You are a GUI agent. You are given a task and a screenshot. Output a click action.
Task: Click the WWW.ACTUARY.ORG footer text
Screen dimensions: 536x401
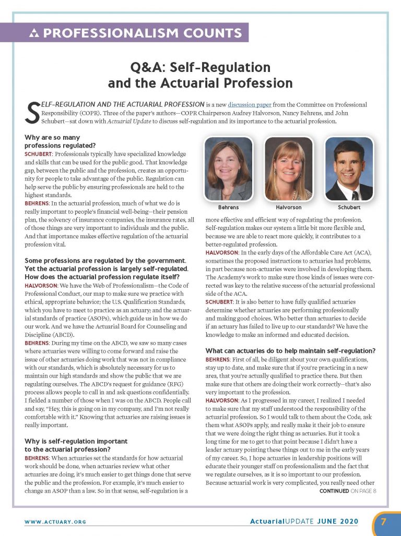tap(55, 521)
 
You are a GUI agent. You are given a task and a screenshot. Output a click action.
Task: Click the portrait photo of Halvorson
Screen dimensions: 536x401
tap(288, 168)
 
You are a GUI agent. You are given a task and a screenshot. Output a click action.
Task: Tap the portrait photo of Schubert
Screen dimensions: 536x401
tap(349, 168)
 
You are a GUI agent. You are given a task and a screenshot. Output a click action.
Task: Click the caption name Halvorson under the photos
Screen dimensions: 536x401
tap(288, 207)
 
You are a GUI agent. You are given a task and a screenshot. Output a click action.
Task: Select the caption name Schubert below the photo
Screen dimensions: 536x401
tap(349, 207)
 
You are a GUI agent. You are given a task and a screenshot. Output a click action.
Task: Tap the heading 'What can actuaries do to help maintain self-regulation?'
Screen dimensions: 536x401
tap(290, 350)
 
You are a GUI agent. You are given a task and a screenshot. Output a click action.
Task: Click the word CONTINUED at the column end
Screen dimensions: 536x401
tap(334, 491)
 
